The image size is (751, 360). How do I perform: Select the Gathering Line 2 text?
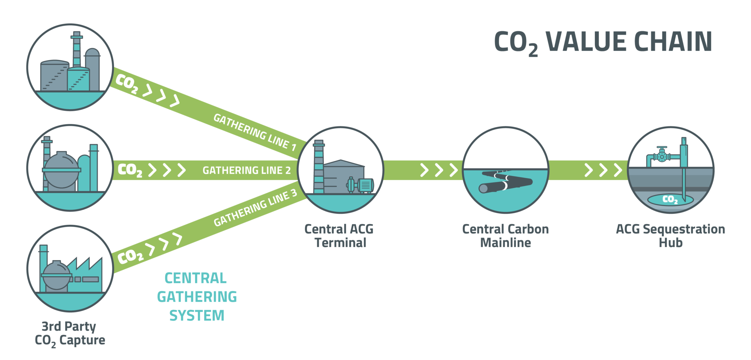[x=246, y=170]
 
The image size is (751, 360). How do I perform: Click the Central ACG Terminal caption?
[x=340, y=236]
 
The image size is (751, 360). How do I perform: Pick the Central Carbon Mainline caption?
[x=505, y=236]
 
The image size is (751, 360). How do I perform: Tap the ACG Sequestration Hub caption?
[x=670, y=236]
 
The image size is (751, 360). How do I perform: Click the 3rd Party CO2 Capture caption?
[x=70, y=333]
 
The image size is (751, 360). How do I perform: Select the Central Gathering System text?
[x=197, y=297]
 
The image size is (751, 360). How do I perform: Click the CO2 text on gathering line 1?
[x=127, y=84]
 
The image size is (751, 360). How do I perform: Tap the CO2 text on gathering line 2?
[x=130, y=170]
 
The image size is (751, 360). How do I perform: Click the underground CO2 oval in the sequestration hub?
[x=670, y=199]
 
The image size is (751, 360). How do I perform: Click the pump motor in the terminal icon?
[x=365, y=185]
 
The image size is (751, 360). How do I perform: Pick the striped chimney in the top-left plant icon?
[x=77, y=51]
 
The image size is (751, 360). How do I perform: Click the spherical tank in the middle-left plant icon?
[x=61, y=170]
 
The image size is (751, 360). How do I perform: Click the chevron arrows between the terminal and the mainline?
[x=439, y=170]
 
